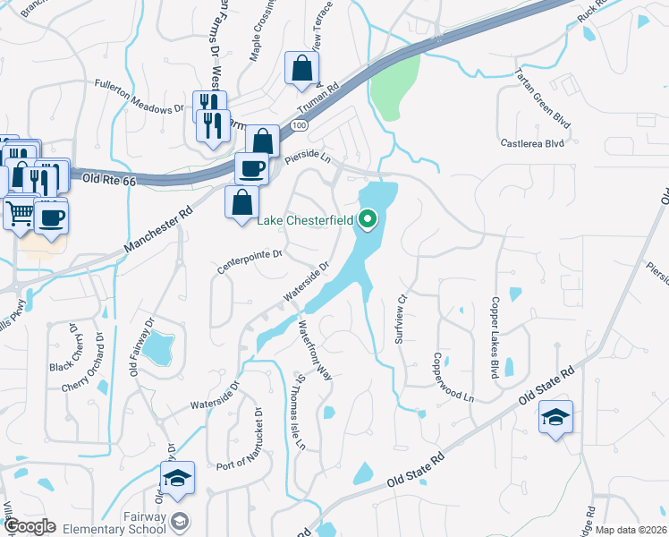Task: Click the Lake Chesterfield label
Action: pos(307,220)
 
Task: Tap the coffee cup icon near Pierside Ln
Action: pos(251,167)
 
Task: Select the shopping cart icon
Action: pos(20,214)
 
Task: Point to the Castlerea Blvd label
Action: pos(532,142)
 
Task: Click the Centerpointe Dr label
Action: pos(250,260)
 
